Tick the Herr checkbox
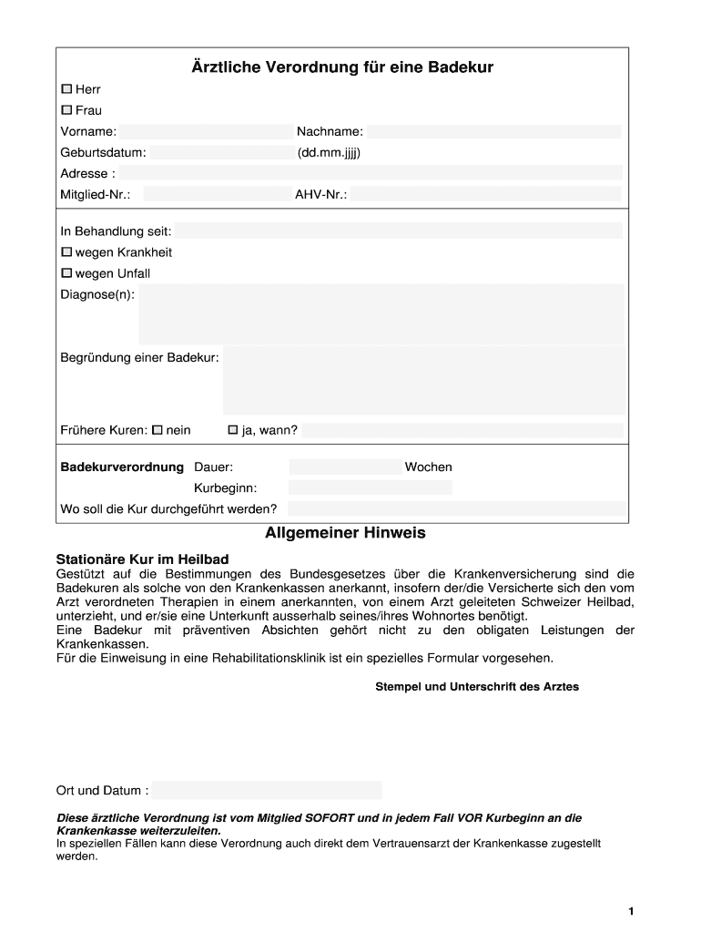coord(66,89)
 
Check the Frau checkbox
coord(66,110)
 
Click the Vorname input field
coord(203,132)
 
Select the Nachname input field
coord(494,132)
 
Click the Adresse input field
coord(371,173)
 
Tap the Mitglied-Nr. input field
coord(217,194)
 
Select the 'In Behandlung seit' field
coord(399,231)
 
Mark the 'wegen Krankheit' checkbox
coord(66,252)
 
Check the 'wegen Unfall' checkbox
coord(66,273)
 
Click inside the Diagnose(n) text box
coord(381,313)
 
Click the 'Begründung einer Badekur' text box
coord(423,380)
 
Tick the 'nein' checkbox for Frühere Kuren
coord(157,430)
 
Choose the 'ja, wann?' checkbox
coord(233,430)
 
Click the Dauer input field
coord(345,466)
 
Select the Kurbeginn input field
coord(370,487)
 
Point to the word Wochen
coord(429,467)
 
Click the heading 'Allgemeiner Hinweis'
coord(345,533)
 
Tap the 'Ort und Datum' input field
coord(266,790)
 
